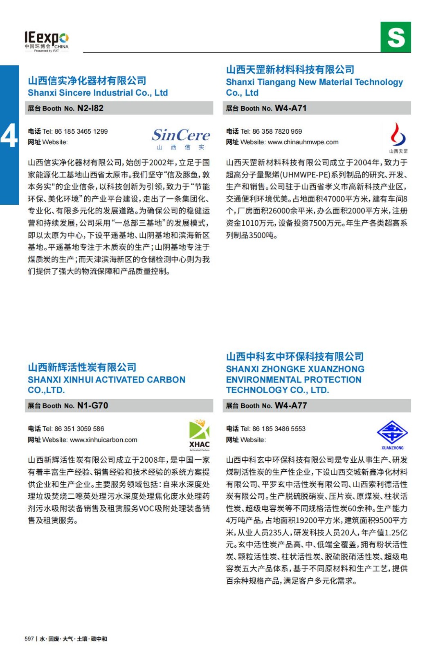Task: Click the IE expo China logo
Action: [46, 41]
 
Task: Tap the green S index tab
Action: [396, 37]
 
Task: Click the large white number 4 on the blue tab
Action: [9, 135]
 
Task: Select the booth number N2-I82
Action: [90, 108]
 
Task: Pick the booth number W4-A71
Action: [290, 108]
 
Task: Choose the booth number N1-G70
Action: [93, 405]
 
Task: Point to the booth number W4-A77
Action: [291, 405]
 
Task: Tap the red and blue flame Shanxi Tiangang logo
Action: [398, 136]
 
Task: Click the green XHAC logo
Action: [199, 435]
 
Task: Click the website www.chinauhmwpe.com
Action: [303, 142]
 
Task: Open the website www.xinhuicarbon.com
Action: [103, 440]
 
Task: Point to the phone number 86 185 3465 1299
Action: [81, 132]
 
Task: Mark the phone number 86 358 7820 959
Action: [277, 132]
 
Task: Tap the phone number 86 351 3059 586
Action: [79, 429]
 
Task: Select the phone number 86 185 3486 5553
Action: [279, 429]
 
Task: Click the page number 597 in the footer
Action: [29, 639]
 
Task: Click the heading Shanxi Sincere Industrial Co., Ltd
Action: [98, 93]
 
